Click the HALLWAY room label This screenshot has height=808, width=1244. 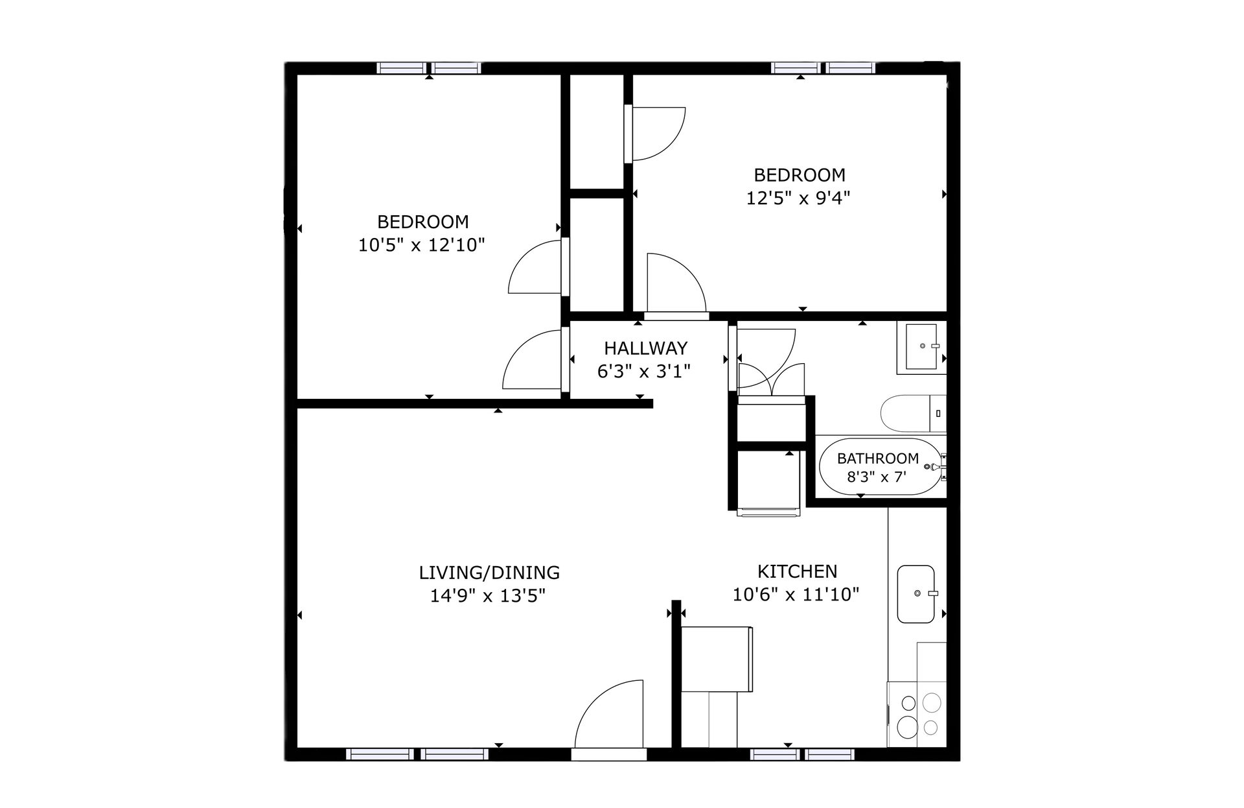[645, 348]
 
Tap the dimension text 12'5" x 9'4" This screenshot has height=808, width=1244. [798, 198]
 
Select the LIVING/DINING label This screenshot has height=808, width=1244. [489, 573]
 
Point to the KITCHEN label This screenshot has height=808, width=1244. [797, 571]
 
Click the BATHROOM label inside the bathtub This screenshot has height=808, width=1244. [877, 458]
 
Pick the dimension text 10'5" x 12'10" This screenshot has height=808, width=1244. [422, 245]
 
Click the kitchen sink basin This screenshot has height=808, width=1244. [915, 594]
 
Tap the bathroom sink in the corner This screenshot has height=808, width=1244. [921, 347]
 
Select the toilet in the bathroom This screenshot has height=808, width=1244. [912, 413]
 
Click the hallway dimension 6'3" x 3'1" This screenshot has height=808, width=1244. [643, 372]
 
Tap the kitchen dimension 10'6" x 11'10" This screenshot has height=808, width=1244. [796, 595]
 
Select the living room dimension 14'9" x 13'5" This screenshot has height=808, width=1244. [488, 596]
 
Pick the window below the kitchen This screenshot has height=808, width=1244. [802, 754]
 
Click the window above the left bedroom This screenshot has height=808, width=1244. [429, 68]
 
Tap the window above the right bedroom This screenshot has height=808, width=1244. [823, 68]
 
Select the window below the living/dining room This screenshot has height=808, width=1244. [417, 754]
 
